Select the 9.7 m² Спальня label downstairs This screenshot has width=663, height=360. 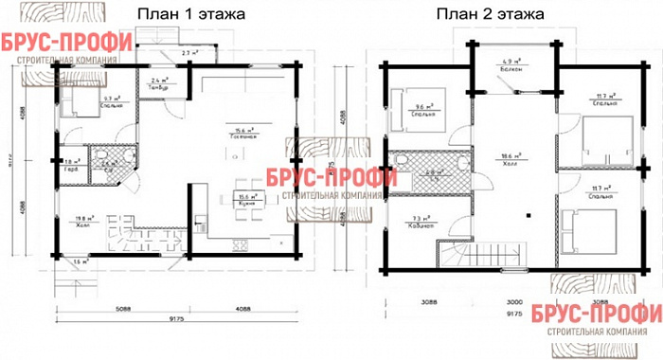(83, 100)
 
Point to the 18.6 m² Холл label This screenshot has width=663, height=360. (511, 158)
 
